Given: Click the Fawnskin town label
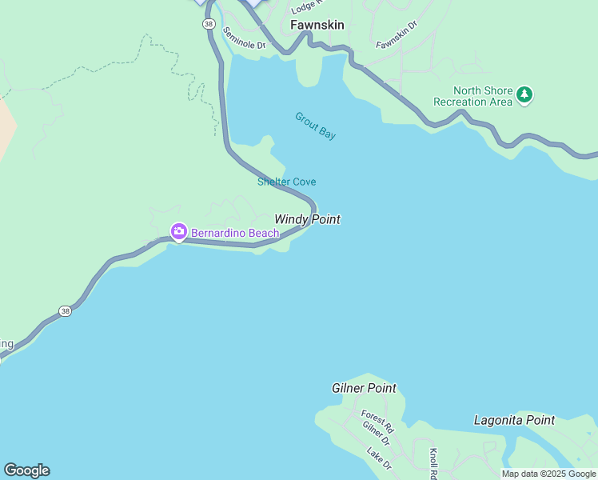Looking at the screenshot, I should (x=317, y=25).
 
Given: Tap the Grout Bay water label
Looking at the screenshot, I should (x=315, y=126).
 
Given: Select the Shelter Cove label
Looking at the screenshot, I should (x=286, y=182).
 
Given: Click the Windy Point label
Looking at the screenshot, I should (x=307, y=219).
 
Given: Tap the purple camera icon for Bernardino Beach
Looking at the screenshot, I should (x=178, y=233).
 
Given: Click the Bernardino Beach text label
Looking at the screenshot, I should (x=235, y=234).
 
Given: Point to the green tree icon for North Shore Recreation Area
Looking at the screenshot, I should (x=524, y=95).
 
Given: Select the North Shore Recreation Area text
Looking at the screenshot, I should (x=472, y=96).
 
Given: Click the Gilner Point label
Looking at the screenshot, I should (x=364, y=388).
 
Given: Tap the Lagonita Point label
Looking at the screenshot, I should (x=514, y=420).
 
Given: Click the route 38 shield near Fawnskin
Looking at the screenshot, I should (x=209, y=25).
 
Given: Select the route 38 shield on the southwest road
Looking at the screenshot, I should (x=65, y=310).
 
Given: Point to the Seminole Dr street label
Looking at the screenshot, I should (x=244, y=38).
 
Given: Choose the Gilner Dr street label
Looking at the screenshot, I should (x=376, y=434).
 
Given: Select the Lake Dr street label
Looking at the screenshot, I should (x=379, y=458).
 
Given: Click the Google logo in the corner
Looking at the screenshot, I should (x=26, y=470).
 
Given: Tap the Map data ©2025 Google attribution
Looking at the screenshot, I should (x=548, y=474).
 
